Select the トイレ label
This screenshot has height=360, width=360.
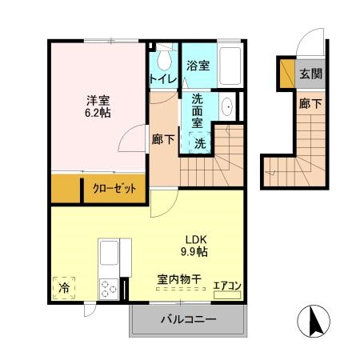pos(162,78)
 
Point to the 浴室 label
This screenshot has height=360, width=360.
pos(198,66)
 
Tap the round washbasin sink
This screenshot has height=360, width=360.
pos(226,107)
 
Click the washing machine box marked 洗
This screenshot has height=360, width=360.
pos(203,142)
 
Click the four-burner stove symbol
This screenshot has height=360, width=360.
pos(108,289)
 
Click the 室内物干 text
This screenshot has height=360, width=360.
pos(178,281)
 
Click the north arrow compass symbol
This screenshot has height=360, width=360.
pos(314,321)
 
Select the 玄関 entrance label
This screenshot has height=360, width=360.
pos(310,73)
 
